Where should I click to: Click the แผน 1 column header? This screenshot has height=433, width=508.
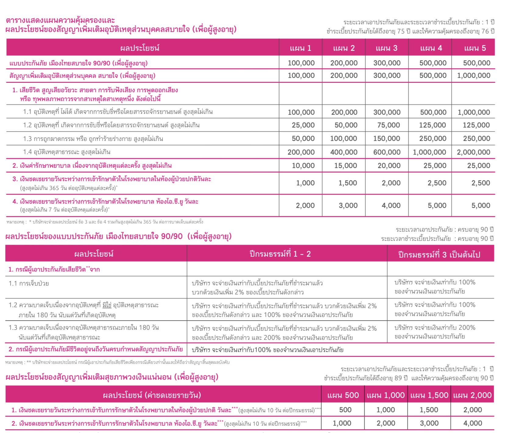[x=300, y=48]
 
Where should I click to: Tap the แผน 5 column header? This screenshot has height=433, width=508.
[x=475, y=48]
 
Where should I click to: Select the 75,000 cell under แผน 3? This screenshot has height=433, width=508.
[x=388, y=125]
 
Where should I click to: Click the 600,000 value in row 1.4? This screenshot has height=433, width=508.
[x=387, y=152]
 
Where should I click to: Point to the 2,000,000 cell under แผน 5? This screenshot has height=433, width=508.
[x=473, y=152]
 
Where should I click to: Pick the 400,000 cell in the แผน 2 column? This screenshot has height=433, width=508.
[x=344, y=152]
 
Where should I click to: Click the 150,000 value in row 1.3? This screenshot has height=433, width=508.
[x=386, y=139]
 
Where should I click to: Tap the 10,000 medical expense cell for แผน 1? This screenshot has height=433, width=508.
[x=303, y=166]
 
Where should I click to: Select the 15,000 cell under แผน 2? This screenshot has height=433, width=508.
[x=346, y=166]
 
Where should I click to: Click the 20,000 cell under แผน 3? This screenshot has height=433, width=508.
[x=389, y=166]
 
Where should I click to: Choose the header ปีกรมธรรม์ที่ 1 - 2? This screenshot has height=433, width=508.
[x=280, y=254]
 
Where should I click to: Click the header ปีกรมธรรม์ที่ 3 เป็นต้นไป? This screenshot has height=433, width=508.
[x=439, y=255]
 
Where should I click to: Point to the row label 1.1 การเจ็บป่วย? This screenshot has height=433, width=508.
[x=29, y=283]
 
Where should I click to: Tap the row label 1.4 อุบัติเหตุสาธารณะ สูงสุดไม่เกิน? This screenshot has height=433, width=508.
[x=67, y=152]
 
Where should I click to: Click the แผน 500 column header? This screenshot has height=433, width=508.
[x=343, y=395]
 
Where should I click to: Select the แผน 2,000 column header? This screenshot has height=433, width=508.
[x=472, y=395]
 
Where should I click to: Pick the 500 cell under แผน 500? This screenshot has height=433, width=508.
[x=345, y=410]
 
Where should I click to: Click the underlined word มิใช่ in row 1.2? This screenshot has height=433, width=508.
[x=107, y=305]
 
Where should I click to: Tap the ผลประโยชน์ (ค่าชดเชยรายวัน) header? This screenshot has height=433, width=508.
[x=152, y=395]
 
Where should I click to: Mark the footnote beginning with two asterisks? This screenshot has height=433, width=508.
[x=117, y=362]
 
